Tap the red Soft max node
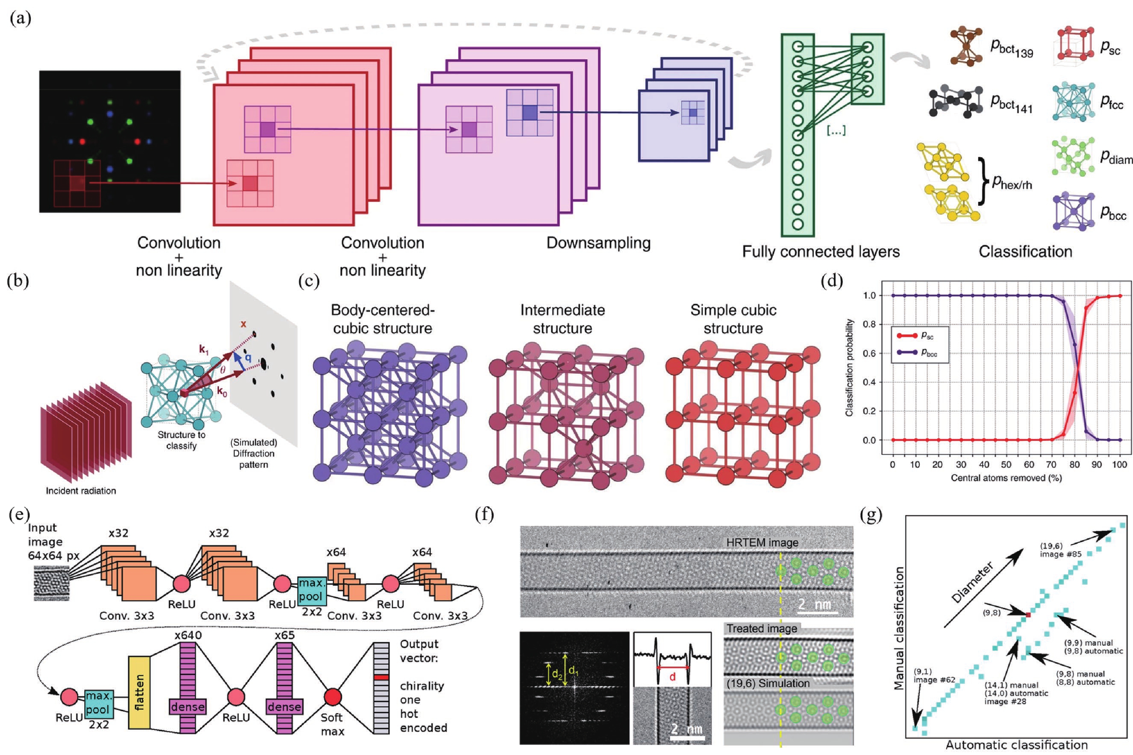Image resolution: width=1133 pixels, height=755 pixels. click(x=333, y=696)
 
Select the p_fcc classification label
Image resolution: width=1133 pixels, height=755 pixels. click(x=1111, y=102)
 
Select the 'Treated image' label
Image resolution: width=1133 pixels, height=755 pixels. click(x=761, y=629)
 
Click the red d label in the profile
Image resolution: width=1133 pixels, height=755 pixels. click(x=672, y=677)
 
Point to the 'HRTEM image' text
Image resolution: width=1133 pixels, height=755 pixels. click(x=762, y=542)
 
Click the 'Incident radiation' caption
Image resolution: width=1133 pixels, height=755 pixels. click(x=81, y=491)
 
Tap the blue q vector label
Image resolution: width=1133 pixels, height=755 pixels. click(x=248, y=357)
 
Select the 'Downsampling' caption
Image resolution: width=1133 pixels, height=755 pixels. click(x=598, y=243)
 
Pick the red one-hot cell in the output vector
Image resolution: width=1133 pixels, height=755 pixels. click(x=381, y=677)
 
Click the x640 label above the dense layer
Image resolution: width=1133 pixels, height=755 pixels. click(x=188, y=635)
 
